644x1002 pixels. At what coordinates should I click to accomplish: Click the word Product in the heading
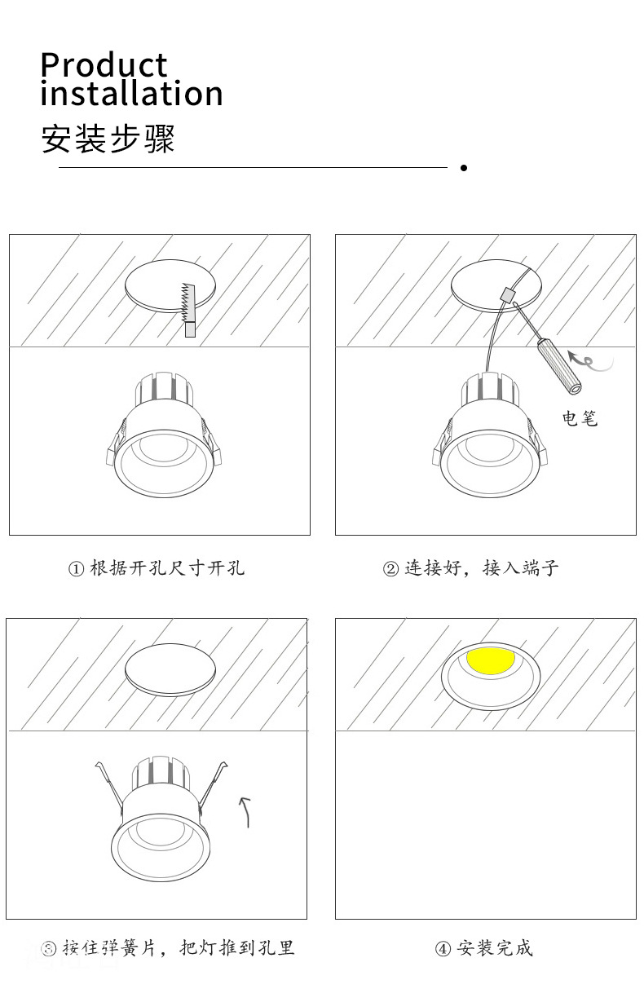point(104,65)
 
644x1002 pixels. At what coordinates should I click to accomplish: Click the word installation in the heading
point(131,94)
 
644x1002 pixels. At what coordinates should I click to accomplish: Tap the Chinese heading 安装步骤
point(108,139)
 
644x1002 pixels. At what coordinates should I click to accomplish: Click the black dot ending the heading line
point(463,168)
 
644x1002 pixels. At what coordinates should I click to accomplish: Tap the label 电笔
point(580,418)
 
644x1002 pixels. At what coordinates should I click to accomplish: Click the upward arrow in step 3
point(245,811)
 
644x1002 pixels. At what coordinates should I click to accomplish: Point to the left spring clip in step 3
point(109,783)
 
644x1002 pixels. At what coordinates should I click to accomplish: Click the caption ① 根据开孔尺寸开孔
point(156,568)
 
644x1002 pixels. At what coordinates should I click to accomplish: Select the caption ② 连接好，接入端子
point(470,568)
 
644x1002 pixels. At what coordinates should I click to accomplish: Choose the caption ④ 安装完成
point(483,947)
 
